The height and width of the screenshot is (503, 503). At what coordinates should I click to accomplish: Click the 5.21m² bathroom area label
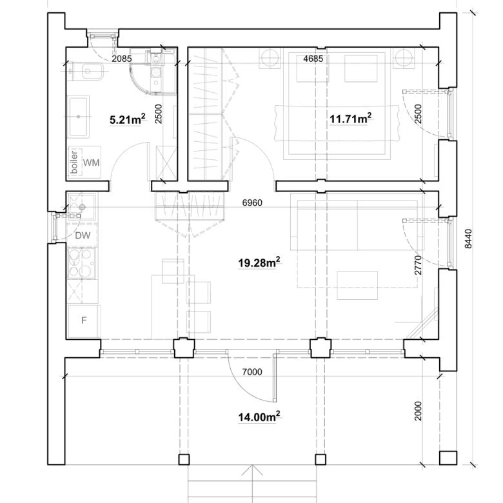pyautogui.click(x=127, y=119)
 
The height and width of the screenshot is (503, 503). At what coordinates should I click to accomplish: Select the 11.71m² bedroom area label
pyautogui.click(x=351, y=119)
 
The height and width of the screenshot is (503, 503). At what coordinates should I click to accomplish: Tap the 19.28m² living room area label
pyautogui.click(x=259, y=262)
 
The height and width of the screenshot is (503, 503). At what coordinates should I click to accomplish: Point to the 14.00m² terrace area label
pyautogui.click(x=259, y=417)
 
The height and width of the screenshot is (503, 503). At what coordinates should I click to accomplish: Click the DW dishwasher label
pyautogui.click(x=83, y=236)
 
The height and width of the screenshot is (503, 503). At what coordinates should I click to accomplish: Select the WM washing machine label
pyautogui.click(x=91, y=163)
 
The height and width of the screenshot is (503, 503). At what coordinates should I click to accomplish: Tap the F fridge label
pyautogui.click(x=84, y=320)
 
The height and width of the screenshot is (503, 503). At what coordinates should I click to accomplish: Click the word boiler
pyautogui.click(x=74, y=163)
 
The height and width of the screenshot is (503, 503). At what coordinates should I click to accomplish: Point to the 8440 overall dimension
pyautogui.click(x=468, y=239)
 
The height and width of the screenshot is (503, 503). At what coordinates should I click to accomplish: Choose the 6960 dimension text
pyautogui.click(x=252, y=202)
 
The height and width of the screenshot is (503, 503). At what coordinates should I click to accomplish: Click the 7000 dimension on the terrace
pyautogui.click(x=252, y=372)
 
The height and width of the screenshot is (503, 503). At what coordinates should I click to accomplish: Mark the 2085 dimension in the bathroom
pyautogui.click(x=122, y=59)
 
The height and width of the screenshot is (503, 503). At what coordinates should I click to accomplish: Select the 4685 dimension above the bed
pyautogui.click(x=313, y=59)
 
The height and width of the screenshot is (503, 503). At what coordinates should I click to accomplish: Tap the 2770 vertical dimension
pyautogui.click(x=418, y=265)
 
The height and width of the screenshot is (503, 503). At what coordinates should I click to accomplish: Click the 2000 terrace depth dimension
pyautogui.click(x=418, y=411)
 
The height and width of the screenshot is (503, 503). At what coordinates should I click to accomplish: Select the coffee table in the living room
pyautogui.click(x=357, y=285)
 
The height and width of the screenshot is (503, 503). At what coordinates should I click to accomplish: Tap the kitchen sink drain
pyautogui.click(x=82, y=207)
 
